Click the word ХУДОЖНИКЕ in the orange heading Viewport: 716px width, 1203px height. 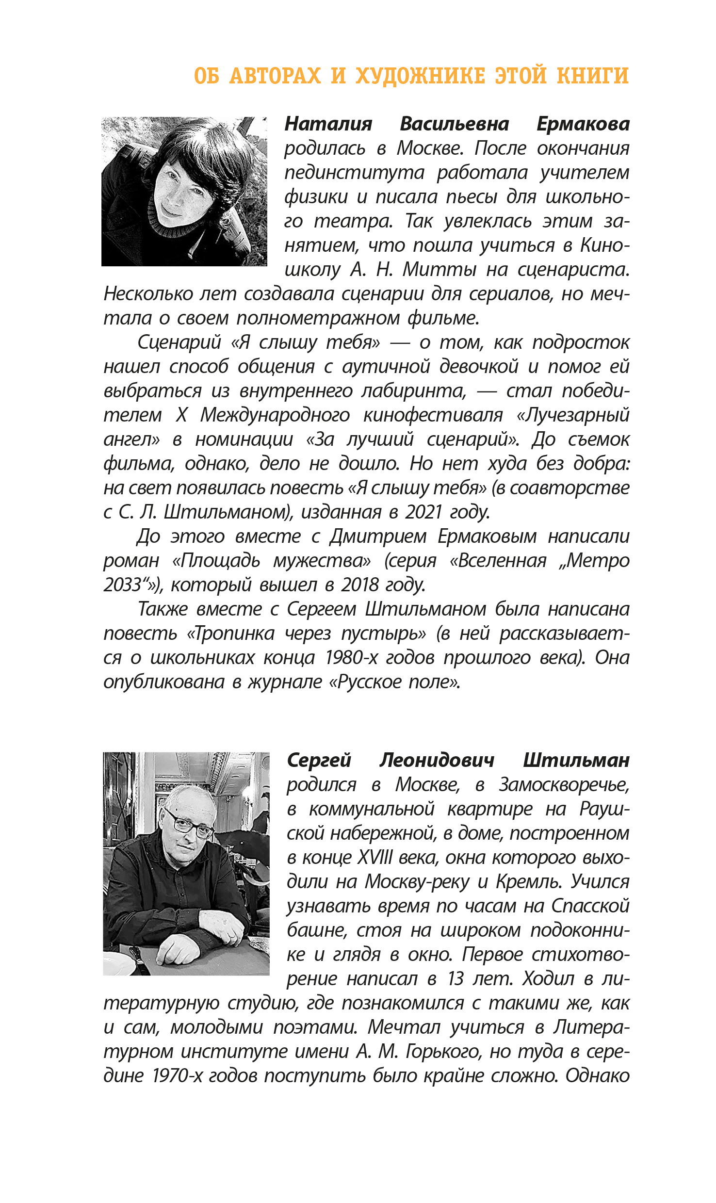(420, 76)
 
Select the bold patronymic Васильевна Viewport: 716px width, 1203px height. (454, 124)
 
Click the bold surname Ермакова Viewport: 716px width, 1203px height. (583, 124)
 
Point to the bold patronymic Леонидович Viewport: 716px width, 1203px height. (437, 760)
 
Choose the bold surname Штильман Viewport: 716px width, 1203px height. (576, 760)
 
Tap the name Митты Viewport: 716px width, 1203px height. (439, 270)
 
